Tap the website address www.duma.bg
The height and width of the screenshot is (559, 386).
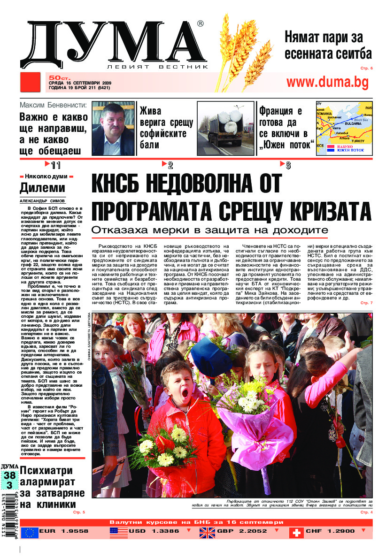click(327, 83)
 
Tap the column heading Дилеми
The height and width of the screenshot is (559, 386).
click(42, 188)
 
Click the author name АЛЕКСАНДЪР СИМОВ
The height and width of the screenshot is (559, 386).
click(43, 200)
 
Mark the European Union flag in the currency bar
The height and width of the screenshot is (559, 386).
click(30, 532)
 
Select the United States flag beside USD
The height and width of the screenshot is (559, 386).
click(118, 532)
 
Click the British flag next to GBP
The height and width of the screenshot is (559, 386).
click(207, 532)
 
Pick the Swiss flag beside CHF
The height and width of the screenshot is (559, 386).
click(296, 532)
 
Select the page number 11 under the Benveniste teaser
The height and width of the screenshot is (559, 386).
click(56, 165)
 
